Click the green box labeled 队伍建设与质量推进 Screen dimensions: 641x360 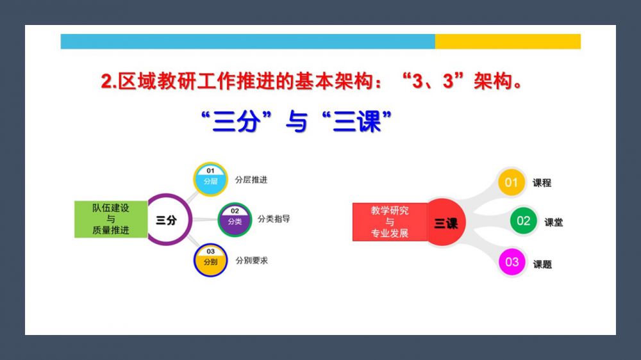[111, 219]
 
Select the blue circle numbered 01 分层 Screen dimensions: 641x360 [210, 179]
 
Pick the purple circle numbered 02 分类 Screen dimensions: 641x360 [235, 220]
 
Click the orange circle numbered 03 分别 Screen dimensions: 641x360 [210, 260]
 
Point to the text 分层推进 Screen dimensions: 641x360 [251, 180]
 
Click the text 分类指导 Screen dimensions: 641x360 [274, 219]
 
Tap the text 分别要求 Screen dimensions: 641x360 [252, 261]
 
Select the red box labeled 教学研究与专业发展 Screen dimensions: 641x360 [390, 222]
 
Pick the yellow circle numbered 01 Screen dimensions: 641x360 [512, 183]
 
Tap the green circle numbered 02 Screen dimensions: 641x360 [523, 221]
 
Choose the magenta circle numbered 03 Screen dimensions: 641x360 [512, 262]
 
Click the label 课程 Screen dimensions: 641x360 [542, 183]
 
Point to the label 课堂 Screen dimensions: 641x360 [554, 222]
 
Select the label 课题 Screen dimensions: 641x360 [542, 265]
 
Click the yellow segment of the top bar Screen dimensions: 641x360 [508, 41]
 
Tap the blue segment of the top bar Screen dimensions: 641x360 [247, 41]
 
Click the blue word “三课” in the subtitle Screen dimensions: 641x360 [356, 121]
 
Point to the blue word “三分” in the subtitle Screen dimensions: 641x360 [237, 121]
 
